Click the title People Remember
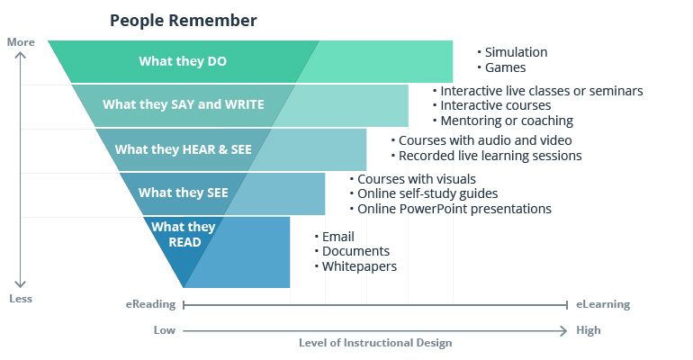tap(183, 20)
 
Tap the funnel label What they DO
tap(183, 61)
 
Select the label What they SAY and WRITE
tap(183, 104)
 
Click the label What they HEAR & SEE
tap(183, 148)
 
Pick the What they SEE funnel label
tap(183, 192)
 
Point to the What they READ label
tap(176, 234)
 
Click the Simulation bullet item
tap(516, 52)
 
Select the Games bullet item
tap(505, 67)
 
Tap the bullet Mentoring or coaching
tap(507, 120)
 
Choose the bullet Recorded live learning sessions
tap(490, 156)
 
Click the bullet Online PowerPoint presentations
tap(454, 208)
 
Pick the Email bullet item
tap(338, 237)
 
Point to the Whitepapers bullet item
tap(359, 265)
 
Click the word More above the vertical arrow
tap(20, 42)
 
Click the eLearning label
tap(602, 304)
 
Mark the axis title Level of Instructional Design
tap(375, 343)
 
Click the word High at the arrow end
tap(588, 330)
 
